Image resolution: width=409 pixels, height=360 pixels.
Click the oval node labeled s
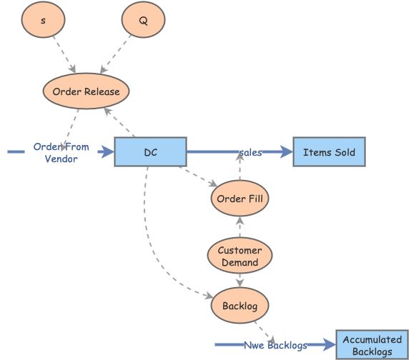44,21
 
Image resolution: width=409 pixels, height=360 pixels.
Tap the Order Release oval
87,91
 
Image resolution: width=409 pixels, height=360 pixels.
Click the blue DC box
150,152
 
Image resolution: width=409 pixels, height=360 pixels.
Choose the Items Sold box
329,152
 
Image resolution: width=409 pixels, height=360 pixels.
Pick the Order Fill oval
240,199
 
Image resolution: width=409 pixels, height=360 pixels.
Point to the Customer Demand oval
240,256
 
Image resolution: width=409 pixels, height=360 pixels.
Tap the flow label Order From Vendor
61,153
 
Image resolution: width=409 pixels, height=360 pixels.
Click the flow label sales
250,152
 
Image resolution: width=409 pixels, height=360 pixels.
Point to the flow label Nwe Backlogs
275,345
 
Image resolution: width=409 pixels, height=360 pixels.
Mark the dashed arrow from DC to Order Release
119,122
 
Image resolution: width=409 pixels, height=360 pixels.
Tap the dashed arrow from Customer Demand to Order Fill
240,227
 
